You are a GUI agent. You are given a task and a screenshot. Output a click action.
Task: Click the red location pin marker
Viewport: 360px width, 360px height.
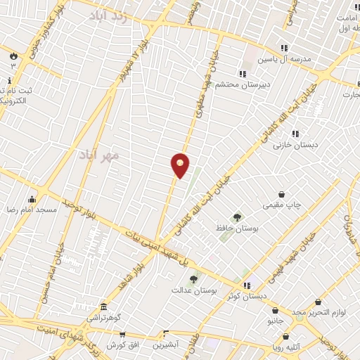(180, 165)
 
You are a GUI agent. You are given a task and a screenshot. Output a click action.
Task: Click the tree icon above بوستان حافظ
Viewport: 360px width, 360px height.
(236, 218)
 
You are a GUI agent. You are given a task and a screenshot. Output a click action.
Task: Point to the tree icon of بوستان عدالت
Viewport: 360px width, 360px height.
(193, 279)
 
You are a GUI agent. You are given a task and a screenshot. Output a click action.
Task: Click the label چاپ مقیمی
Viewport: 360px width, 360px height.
(282, 205)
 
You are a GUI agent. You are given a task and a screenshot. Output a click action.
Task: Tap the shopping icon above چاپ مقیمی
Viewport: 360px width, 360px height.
(282, 194)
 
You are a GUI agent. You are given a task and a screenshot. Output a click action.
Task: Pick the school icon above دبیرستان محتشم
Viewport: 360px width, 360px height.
(243, 74)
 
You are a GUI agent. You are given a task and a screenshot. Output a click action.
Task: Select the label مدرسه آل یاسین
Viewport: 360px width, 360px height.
(283, 60)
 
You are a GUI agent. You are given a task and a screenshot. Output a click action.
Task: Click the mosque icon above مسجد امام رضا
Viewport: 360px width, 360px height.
(32, 199)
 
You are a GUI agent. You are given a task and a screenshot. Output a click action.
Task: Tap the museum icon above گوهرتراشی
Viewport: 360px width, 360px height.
(103, 308)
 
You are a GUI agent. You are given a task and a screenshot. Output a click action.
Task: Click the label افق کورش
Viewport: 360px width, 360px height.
(120, 345)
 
